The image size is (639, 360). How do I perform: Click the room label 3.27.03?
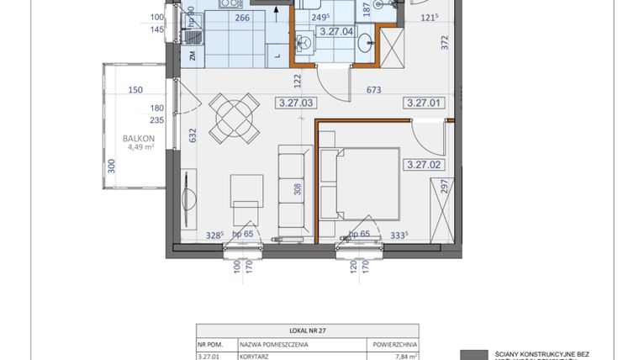click(294, 103)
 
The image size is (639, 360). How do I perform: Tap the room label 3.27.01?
click(423, 103)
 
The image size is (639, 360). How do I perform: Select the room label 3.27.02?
click(423, 165)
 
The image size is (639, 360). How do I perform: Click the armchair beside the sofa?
click(246, 199)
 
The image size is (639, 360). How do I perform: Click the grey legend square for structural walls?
click(476, 355)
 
